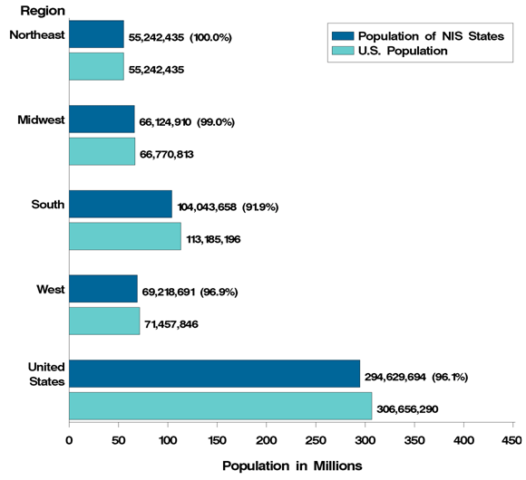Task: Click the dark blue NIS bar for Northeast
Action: [x=96, y=34]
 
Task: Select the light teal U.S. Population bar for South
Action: [x=125, y=236]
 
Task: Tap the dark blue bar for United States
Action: [x=214, y=374]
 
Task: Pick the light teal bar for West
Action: [x=104, y=322]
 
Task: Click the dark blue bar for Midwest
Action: [x=102, y=120]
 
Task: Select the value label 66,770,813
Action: [x=179, y=154]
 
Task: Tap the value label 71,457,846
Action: [x=181, y=324]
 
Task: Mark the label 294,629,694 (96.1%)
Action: [x=416, y=376]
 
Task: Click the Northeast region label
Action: [x=35, y=35]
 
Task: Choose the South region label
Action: [x=48, y=205]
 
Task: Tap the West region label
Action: [x=49, y=290]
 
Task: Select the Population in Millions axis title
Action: [x=292, y=465]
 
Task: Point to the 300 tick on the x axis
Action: [x=365, y=440]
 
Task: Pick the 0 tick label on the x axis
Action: [x=70, y=440]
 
